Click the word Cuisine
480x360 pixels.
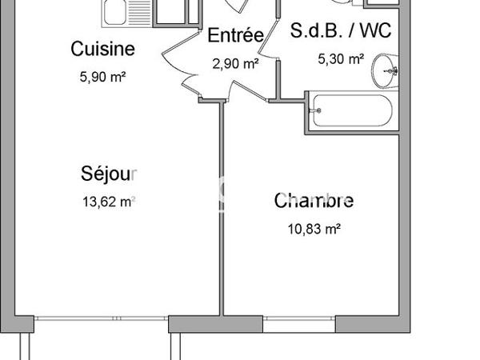[102, 49]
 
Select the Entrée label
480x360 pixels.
[235, 35]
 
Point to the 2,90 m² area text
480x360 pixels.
[235, 62]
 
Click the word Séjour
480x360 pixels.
[110, 173]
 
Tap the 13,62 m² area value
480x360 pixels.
[109, 202]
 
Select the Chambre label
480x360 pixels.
[314, 200]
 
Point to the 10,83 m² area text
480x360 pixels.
[314, 228]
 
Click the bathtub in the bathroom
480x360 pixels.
[352, 111]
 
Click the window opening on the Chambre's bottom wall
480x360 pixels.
[299, 323]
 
